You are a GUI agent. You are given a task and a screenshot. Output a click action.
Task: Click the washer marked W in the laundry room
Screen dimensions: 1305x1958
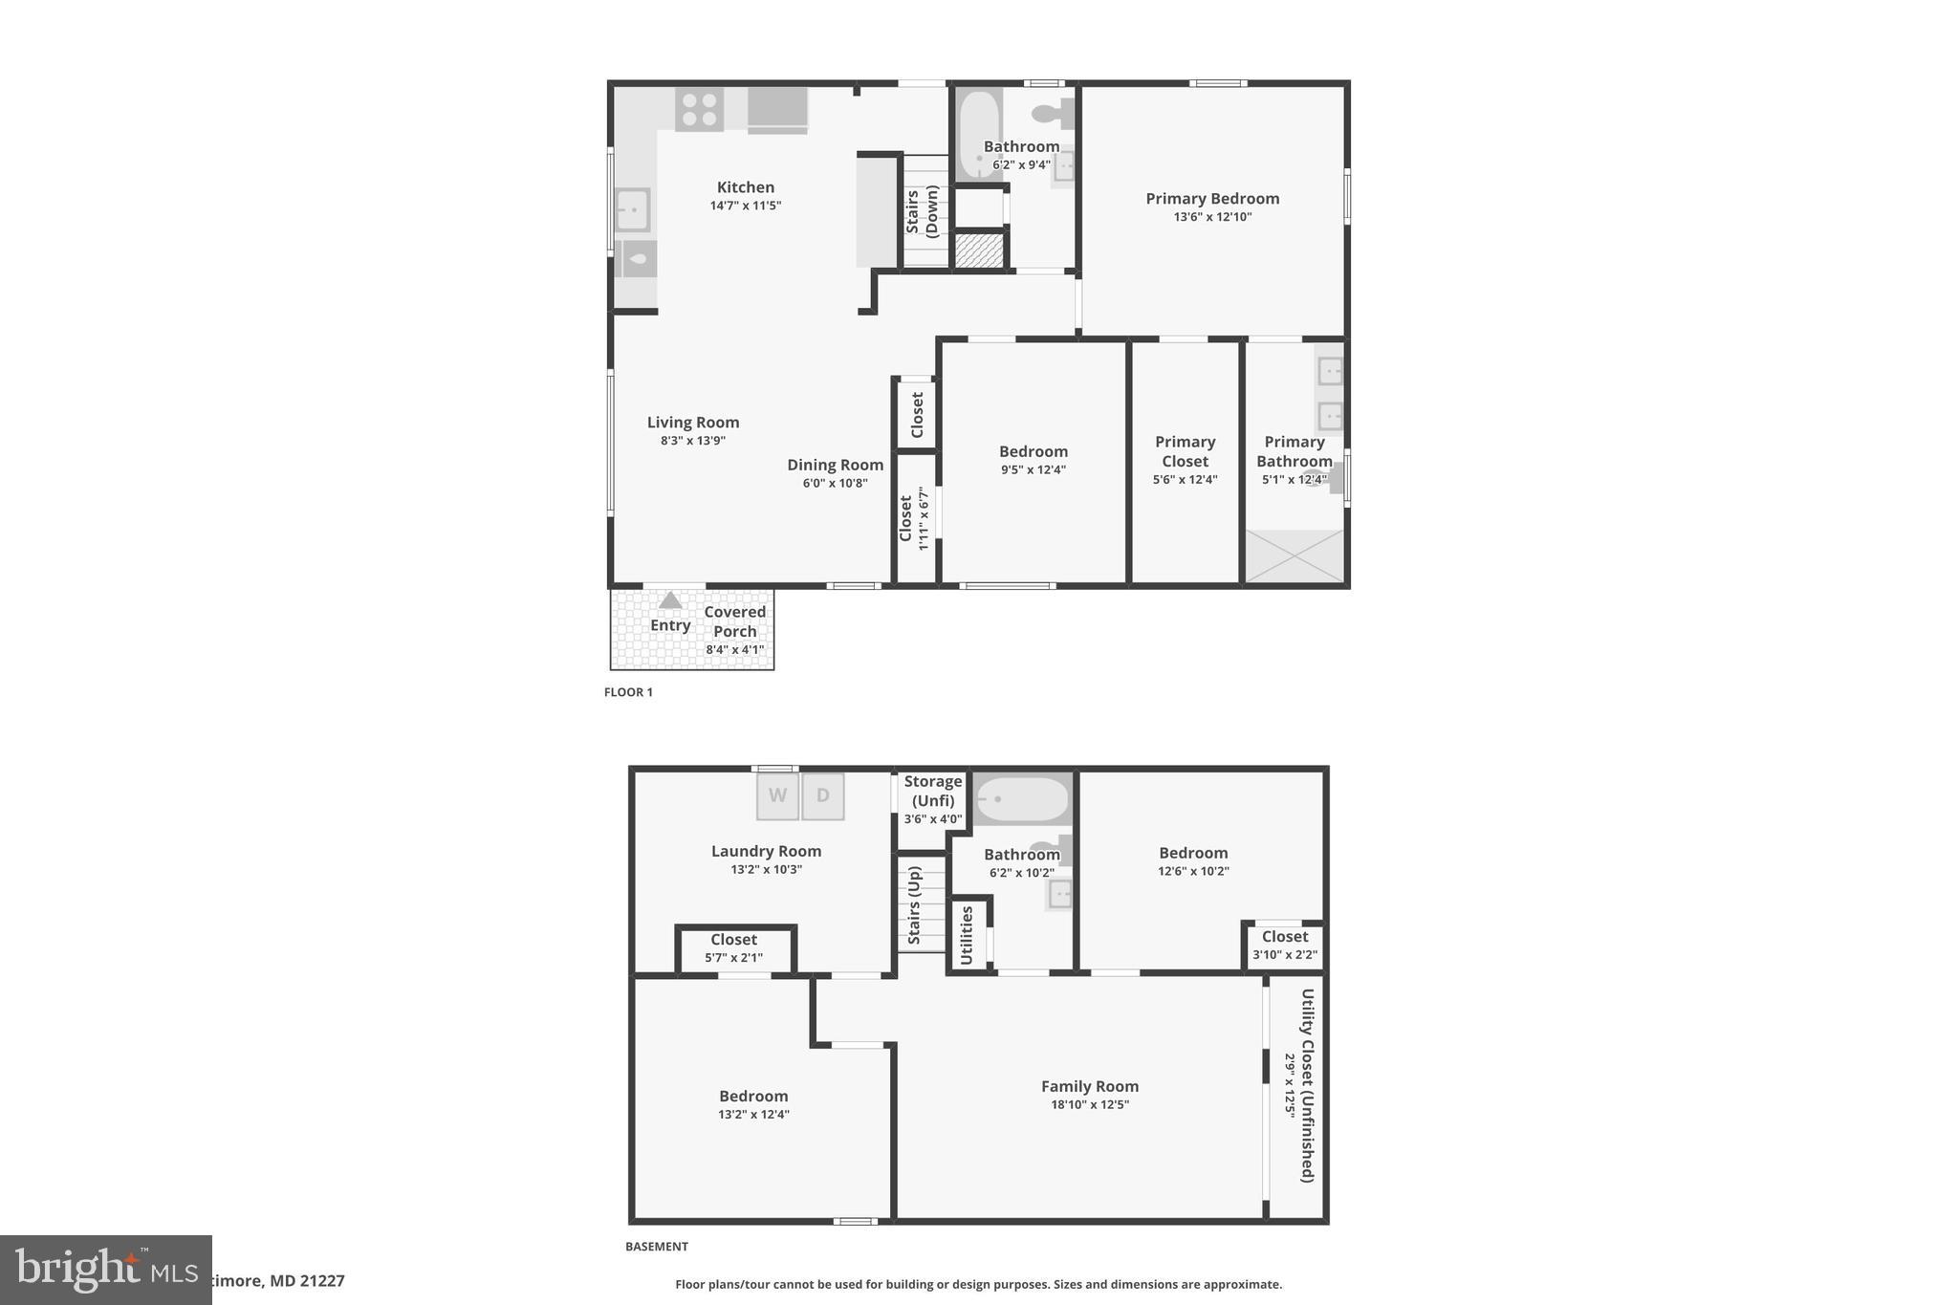click(x=777, y=795)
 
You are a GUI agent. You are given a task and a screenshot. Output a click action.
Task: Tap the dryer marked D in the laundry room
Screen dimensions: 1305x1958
click(x=823, y=795)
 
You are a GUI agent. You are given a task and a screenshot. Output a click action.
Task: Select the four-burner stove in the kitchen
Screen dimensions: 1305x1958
click(x=699, y=109)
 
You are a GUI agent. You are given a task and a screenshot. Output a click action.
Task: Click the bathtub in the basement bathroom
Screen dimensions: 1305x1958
click(x=1022, y=799)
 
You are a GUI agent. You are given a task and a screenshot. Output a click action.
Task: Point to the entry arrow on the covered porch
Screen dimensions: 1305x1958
click(x=670, y=600)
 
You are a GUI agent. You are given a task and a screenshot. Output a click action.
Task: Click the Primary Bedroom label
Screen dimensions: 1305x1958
click(x=1212, y=199)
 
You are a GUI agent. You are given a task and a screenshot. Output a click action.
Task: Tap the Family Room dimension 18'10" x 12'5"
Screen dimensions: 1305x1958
click(x=1089, y=1105)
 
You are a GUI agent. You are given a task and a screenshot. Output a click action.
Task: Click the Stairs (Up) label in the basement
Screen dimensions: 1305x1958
click(x=914, y=905)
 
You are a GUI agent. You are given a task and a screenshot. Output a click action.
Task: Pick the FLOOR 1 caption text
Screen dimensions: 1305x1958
click(x=628, y=692)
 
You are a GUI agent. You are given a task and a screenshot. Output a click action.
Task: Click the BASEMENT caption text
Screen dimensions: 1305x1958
click(x=656, y=1247)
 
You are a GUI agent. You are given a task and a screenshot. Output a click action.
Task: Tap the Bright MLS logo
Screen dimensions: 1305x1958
click(x=105, y=1270)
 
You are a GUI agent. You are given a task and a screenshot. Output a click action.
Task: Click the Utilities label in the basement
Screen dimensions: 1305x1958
click(x=966, y=935)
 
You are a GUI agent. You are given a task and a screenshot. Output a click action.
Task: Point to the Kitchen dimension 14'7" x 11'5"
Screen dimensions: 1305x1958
click(x=746, y=206)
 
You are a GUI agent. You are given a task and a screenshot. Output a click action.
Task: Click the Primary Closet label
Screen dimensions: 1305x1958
click(x=1185, y=451)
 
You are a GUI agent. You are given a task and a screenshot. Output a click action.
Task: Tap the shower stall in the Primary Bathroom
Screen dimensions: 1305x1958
click(x=1294, y=555)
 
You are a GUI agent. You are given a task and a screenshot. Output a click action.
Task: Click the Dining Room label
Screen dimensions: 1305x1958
click(x=835, y=465)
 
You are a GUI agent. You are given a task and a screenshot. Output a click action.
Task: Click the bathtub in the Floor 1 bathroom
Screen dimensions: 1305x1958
click(x=978, y=134)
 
